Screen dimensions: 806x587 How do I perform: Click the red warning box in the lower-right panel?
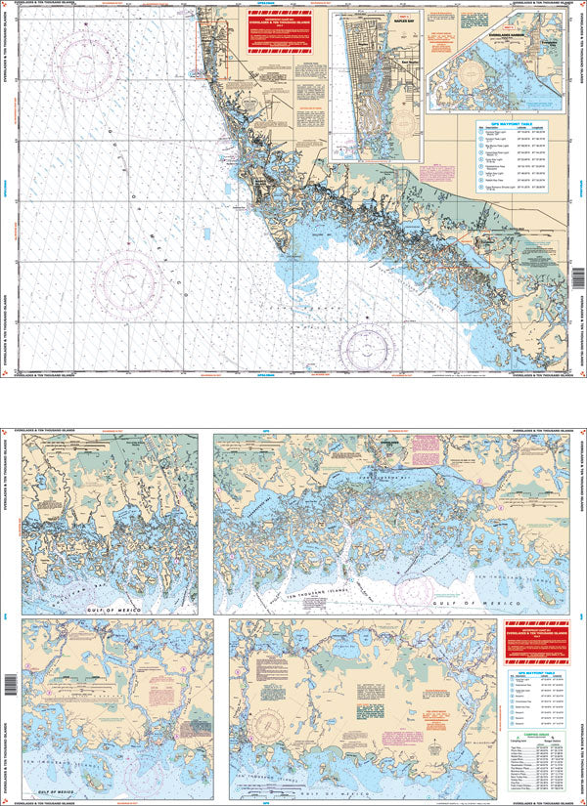click(532, 635)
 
